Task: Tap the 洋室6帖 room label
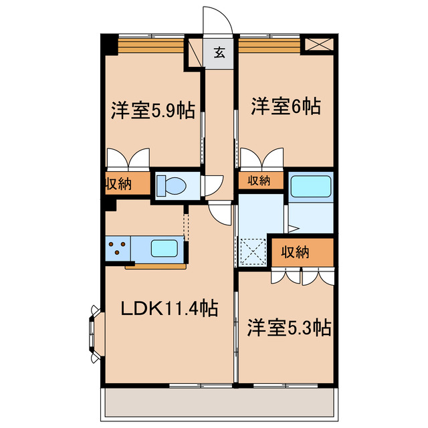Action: click(x=286, y=106)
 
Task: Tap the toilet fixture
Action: click(x=172, y=185)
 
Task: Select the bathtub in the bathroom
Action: click(x=310, y=185)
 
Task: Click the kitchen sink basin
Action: click(x=165, y=248)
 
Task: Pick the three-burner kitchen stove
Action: click(x=118, y=248)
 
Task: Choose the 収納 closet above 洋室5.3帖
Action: click(x=294, y=252)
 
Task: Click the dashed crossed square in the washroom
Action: click(x=253, y=252)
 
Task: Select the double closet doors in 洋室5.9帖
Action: click(x=128, y=158)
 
